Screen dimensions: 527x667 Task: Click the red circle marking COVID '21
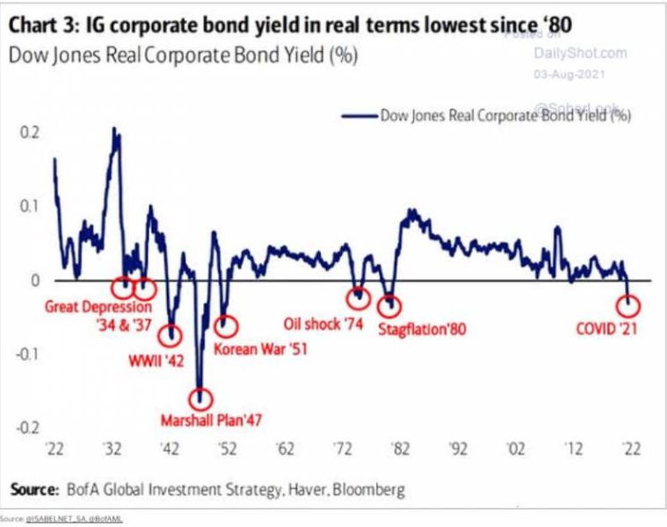point(629,305)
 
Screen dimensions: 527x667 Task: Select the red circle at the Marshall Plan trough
point(201,398)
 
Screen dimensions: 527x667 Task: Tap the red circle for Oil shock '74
point(358,296)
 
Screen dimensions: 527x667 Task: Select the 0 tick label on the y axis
point(35,280)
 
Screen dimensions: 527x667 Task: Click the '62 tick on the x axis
point(285,449)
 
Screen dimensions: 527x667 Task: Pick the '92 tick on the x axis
point(458,449)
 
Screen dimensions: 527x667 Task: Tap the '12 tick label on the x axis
point(573,449)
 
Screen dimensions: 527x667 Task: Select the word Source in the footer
point(33,489)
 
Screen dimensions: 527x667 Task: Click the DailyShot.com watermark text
point(580,53)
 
